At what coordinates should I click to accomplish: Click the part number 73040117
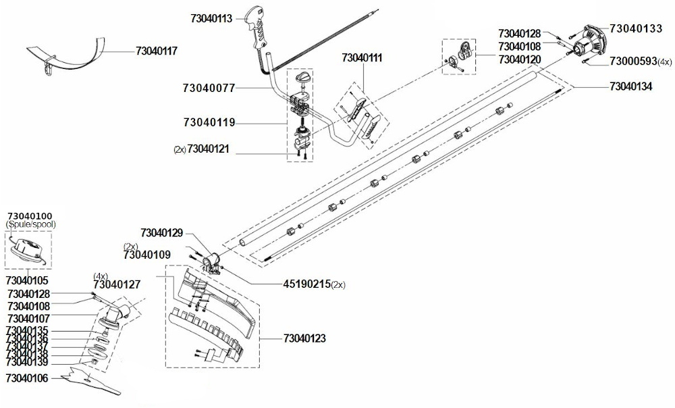click(x=157, y=51)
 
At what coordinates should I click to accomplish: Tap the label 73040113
click(x=211, y=18)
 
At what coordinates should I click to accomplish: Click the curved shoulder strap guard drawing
click(x=67, y=56)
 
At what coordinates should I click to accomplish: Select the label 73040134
click(x=631, y=86)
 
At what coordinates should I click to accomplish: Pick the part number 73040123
click(x=305, y=338)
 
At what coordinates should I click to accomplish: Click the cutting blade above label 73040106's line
click(x=90, y=380)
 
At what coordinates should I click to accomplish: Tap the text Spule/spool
click(x=31, y=224)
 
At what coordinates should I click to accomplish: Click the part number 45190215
click(x=307, y=284)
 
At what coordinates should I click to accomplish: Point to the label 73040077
click(x=209, y=88)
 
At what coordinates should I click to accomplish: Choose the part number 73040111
click(x=362, y=57)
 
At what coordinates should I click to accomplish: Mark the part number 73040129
click(x=162, y=233)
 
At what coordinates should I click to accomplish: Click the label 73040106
click(x=27, y=378)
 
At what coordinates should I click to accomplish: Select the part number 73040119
click(x=209, y=123)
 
